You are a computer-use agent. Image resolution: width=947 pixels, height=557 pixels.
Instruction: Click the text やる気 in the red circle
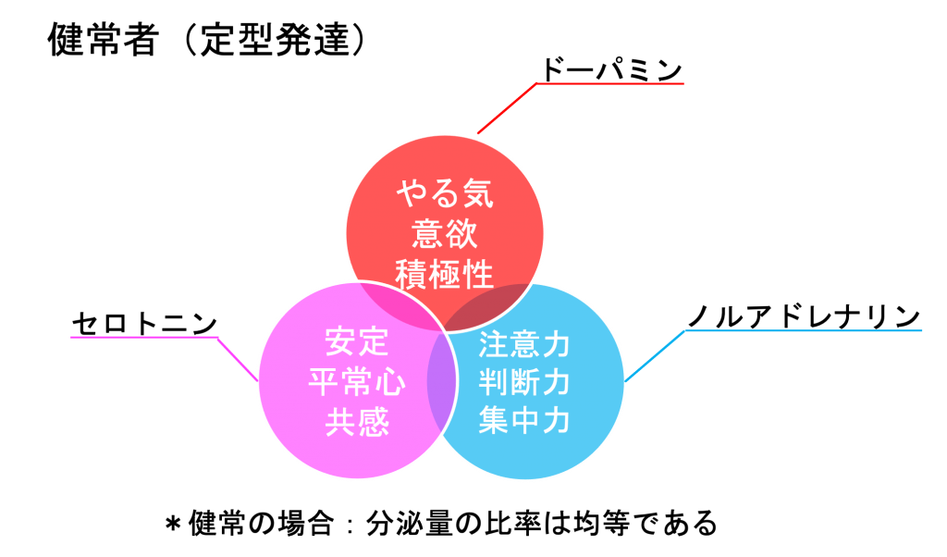pos(445,195)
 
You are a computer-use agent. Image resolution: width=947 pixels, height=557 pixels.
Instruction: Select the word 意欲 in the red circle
pos(445,234)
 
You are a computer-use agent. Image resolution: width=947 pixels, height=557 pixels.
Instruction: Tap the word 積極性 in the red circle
pos(445,274)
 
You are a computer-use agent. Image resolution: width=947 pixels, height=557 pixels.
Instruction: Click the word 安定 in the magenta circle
pos(357,343)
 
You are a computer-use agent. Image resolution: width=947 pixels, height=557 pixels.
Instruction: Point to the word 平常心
pos(357,383)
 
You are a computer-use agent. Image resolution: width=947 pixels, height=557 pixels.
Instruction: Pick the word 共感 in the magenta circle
pos(357,423)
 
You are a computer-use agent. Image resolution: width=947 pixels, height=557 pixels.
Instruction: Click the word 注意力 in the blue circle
pos(524,345)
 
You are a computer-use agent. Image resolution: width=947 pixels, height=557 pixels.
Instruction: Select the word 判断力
pos(524,383)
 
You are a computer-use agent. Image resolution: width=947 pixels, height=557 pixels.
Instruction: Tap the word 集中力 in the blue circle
pos(524,422)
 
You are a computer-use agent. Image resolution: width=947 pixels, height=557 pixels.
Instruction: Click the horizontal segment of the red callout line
pos(610,83)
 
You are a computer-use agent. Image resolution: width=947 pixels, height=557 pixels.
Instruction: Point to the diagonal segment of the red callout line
pos(507,108)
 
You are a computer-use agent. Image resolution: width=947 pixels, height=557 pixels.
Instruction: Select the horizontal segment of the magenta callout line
pos(143,337)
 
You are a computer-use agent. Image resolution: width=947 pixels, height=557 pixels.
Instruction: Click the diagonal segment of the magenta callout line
pos(237,358)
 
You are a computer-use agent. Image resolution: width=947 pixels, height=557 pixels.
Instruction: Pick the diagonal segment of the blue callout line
pos(655,355)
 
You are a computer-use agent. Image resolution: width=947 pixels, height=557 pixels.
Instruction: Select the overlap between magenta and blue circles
pos(442,379)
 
